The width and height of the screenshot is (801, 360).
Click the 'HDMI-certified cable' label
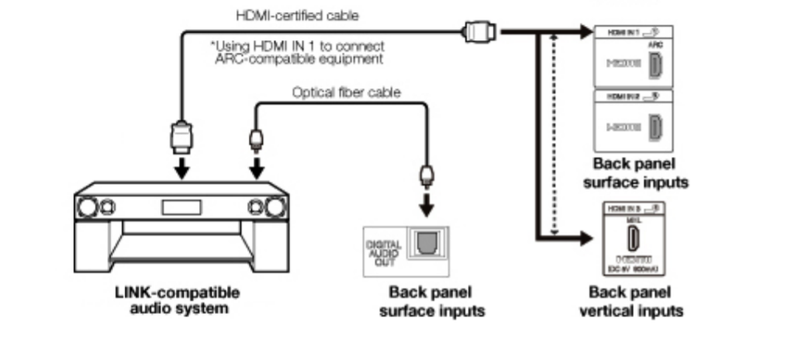click(x=297, y=15)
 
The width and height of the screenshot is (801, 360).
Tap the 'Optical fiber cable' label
click(x=346, y=92)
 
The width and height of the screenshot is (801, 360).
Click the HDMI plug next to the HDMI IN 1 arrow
click(x=480, y=31)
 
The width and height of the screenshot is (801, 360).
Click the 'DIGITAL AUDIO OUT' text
click(x=384, y=252)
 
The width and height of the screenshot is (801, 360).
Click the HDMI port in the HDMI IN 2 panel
click(x=655, y=126)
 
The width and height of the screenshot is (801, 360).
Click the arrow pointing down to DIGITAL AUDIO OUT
click(x=427, y=207)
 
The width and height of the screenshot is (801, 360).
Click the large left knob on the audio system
click(x=87, y=208)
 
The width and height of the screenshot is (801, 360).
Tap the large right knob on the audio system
click(x=275, y=208)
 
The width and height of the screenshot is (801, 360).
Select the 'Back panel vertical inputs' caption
click(x=631, y=301)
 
